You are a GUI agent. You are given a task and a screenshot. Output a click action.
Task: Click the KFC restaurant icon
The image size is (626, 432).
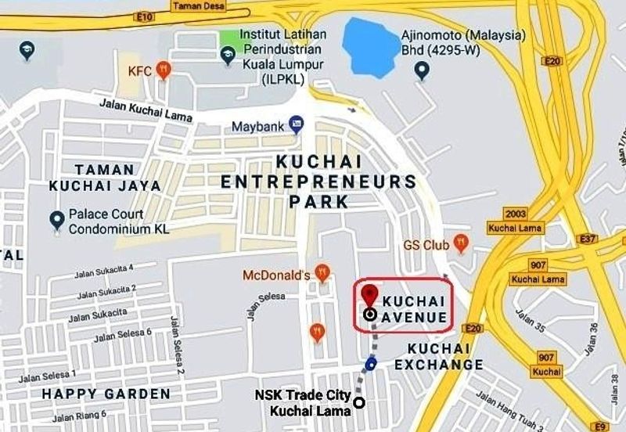pos(163,70)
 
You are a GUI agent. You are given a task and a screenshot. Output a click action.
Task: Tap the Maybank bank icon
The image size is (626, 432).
pos(296,124)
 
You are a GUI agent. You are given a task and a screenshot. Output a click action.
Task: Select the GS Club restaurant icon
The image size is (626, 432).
pos(459,245)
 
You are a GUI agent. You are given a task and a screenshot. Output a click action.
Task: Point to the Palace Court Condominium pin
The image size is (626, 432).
pos(56,221)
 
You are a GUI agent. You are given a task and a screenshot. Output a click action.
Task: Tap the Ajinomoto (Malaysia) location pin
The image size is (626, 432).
pos(423,73)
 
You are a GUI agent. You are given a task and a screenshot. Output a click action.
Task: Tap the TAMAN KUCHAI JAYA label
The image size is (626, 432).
pos(105,178)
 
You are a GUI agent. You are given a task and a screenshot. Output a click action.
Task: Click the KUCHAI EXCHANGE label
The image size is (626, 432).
pos(438,356)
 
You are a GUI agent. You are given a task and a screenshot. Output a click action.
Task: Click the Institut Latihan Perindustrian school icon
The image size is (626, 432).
pos(227,52)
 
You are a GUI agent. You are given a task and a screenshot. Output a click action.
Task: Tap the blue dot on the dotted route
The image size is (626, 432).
pos(370,363)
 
